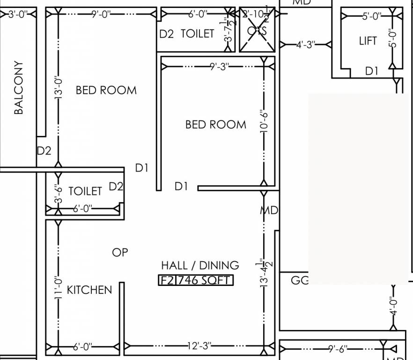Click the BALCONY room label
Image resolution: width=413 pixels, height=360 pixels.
(x=18, y=87)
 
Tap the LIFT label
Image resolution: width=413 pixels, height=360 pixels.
(x=368, y=41)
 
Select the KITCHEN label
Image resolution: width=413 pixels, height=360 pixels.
(x=89, y=290)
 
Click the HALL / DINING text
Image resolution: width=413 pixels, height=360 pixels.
(x=200, y=265)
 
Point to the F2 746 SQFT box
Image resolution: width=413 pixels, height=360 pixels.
(x=195, y=280)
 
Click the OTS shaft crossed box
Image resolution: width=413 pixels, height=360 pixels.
(x=257, y=30)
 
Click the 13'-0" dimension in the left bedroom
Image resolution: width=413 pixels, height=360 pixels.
(x=58, y=87)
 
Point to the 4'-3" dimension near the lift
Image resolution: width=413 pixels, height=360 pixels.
(x=306, y=45)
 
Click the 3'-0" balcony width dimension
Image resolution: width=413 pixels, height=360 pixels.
(x=18, y=15)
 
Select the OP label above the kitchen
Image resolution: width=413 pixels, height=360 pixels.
(x=120, y=252)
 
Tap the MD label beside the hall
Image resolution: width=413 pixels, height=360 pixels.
(x=270, y=210)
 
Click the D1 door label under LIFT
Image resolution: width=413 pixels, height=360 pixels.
(x=371, y=71)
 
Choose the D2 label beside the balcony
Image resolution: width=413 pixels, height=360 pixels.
(x=44, y=151)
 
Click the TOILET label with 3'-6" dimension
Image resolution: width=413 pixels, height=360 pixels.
(x=85, y=191)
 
